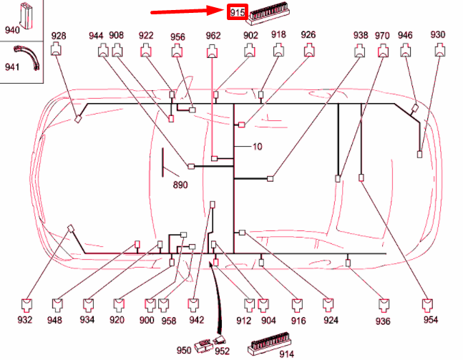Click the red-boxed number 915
(x=238, y=12)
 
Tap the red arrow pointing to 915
(x=188, y=11)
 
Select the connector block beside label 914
(x=268, y=343)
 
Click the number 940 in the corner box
(x=12, y=30)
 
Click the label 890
(x=180, y=185)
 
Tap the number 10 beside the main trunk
(x=257, y=147)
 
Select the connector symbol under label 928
(x=56, y=49)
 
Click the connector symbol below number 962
(x=212, y=51)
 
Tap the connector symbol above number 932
(x=26, y=306)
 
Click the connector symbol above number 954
(x=427, y=306)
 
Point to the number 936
(x=383, y=321)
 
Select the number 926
(x=308, y=34)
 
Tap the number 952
(x=222, y=351)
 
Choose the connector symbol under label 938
(x=359, y=51)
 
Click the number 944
(x=96, y=36)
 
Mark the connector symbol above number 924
(x=328, y=306)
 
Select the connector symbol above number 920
(x=119, y=306)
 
